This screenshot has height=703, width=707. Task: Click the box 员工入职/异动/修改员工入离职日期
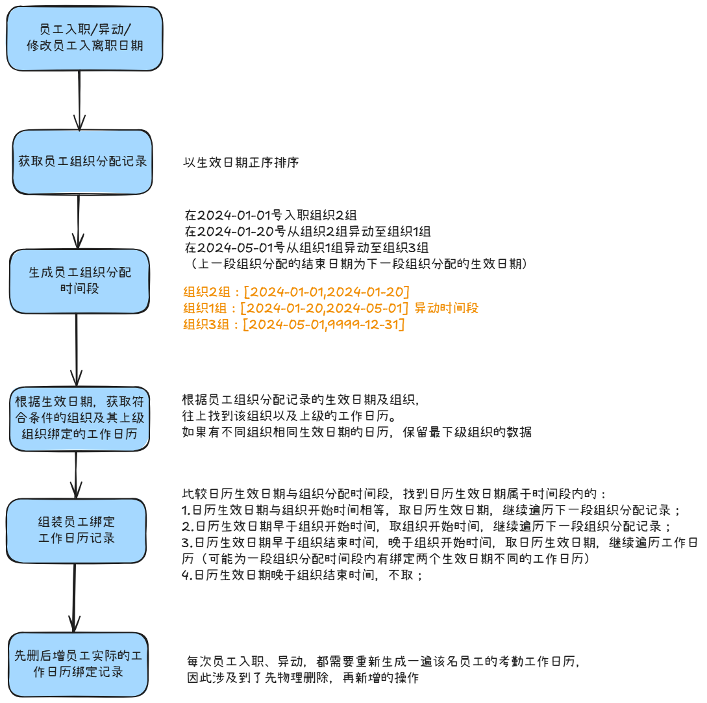pyautogui.click(x=85, y=38)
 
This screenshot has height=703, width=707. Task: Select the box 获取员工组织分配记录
pyautogui.click(x=82, y=162)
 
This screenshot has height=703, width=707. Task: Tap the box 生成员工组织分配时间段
pyautogui.click(x=80, y=280)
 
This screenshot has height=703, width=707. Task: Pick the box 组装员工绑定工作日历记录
pyautogui.click(x=77, y=530)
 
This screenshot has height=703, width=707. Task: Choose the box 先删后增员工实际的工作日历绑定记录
pyautogui.click(x=79, y=664)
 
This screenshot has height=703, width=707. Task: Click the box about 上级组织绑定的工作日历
pyautogui.click(x=79, y=418)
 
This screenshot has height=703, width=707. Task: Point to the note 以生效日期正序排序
pyautogui.click(x=241, y=162)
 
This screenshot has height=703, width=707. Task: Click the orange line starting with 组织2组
pyautogui.click(x=297, y=291)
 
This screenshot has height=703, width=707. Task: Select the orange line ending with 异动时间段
pyautogui.click(x=330, y=308)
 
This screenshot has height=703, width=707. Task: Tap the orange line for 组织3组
pyautogui.click(x=294, y=324)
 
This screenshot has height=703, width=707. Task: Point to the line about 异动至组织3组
pyautogui.click(x=306, y=248)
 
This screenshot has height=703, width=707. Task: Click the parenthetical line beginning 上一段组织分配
pyautogui.click(x=356, y=264)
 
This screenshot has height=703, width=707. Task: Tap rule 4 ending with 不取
pyautogui.click(x=303, y=576)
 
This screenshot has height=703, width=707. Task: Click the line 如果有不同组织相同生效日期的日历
pyautogui.click(x=357, y=432)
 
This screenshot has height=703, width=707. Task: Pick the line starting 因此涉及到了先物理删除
pyautogui.click(x=303, y=678)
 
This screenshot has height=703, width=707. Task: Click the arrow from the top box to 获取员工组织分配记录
pyautogui.click(x=79, y=100)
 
